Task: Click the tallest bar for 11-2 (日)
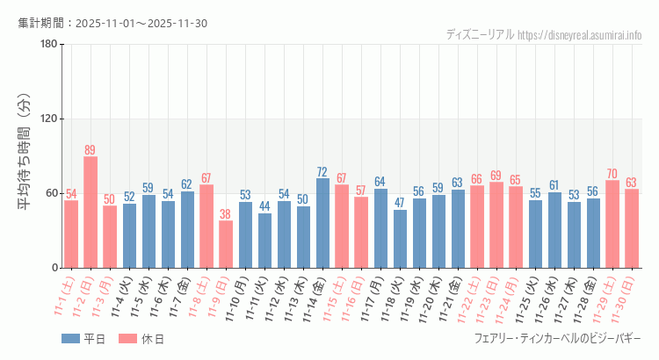click(91, 212)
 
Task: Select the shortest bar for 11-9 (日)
click(226, 244)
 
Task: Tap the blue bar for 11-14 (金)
click(322, 223)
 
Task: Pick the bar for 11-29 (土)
click(612, 224)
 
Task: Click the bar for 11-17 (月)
click(380, 228)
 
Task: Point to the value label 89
click(91, 150)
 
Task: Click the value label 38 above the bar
click(226, 214)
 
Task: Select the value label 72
click(322, 172)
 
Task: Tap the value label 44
click(264, 206)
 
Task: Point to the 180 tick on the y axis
click(48, 45)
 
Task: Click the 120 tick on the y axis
click(48, 119)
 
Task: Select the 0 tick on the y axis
click(54, 268)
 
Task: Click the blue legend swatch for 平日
click(71, 338)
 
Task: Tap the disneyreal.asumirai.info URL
click(580, 35)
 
